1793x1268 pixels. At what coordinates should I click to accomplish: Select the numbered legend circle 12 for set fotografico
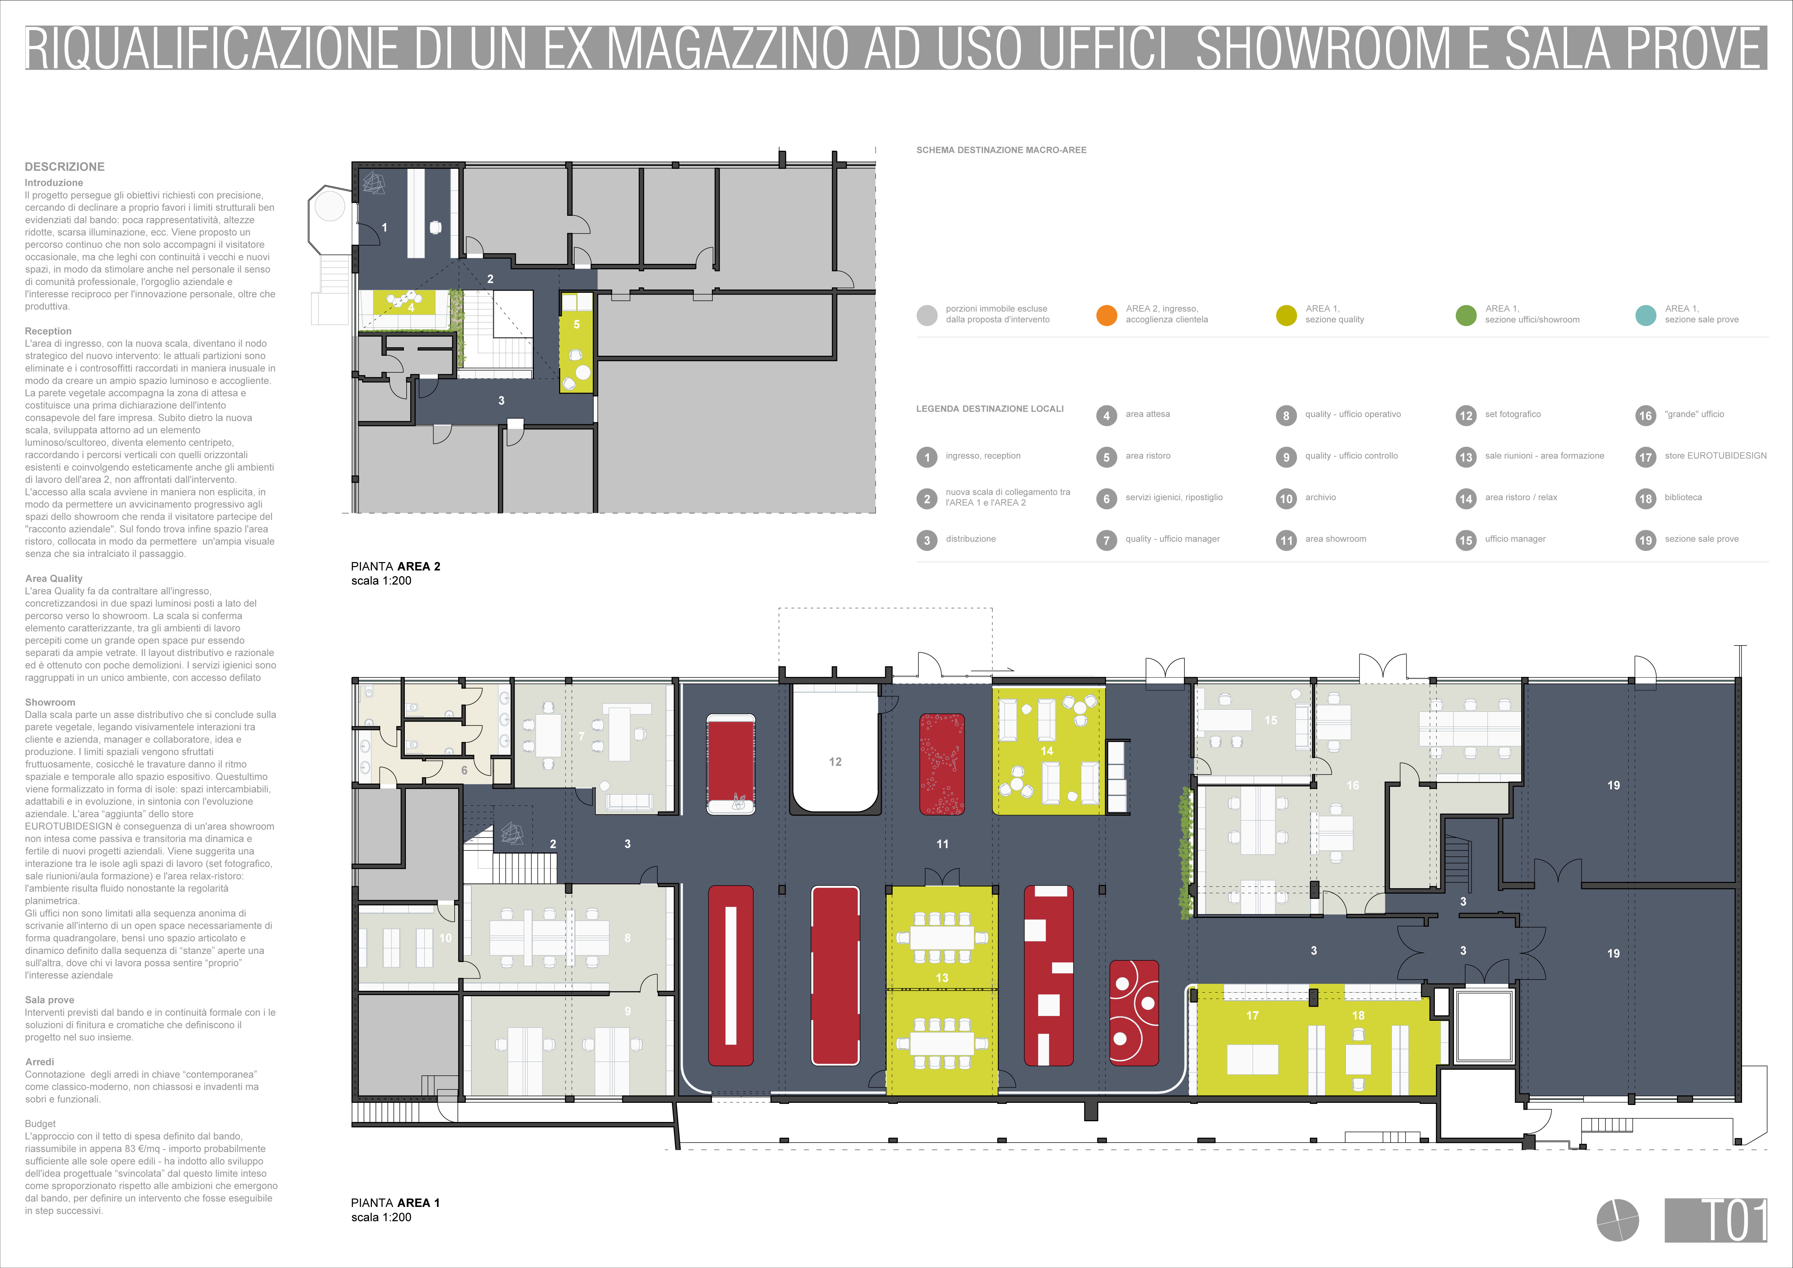click(x=1466, y=415)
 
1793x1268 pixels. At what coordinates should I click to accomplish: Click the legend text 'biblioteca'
click(x=1683, y=497)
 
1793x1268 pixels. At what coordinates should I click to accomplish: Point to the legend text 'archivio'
click(x=1321, y=497)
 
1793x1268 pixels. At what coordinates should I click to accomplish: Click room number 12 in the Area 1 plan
click(x=835, y=761)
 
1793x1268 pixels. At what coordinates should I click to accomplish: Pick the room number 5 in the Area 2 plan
click(x=576, y=324)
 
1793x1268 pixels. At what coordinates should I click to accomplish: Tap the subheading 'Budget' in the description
click(x=40, y=1123)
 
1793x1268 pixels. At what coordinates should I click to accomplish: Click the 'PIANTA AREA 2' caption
click(x=395, y=566)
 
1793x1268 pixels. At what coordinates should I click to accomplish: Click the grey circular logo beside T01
click(x=1617, y=1220)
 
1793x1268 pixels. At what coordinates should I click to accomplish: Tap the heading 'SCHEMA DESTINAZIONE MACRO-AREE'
click(x=1001, y=150)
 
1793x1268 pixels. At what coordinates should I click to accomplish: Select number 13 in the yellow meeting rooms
click(x=942, y=977)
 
